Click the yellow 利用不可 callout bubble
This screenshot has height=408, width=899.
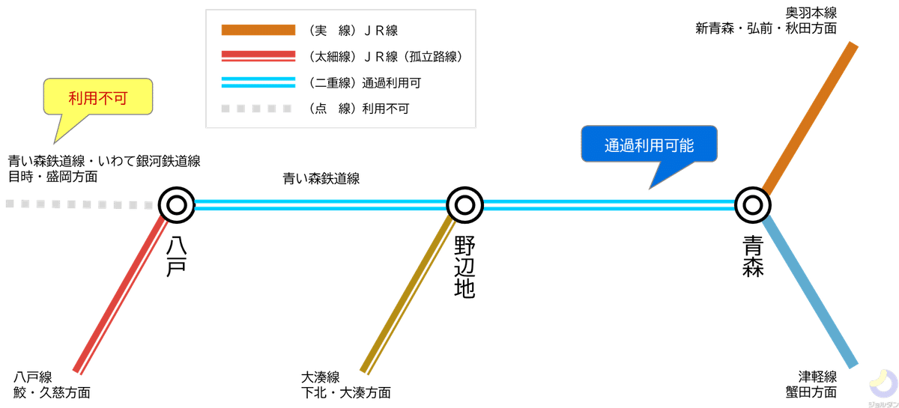pyautogui.click(x=98, y=97)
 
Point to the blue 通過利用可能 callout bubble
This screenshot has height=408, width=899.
pyautogui.click(x=649, y=144)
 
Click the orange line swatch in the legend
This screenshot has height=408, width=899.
pyautogui.click(x=258, y=30)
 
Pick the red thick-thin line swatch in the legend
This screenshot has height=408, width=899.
pyautogui.click(x=258, y=55)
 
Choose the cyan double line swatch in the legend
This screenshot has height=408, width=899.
pyautogui.click(x=258, y=82)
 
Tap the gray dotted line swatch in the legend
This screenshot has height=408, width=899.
pyautogui.click(x=256, y=109)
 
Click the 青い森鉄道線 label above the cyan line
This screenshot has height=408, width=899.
pyautogui.click(x=321, y=178)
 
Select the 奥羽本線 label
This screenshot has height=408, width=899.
pyautogui.click(x=811, y=13)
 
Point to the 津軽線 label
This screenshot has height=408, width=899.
pyautogui.click(x=817, y=377)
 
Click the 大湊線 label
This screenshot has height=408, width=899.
pyautogui.click(x=321, y=377)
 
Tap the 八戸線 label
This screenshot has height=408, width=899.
pyautogui.click(x=33, y=377)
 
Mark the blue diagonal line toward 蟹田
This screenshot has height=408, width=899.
pyautogui.click(x=810, y=292)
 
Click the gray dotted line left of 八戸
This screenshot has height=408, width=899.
pyautogui.click(x=79, y=204)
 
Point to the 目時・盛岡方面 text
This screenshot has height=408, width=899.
pyautogui.click(x=53, y=177)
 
